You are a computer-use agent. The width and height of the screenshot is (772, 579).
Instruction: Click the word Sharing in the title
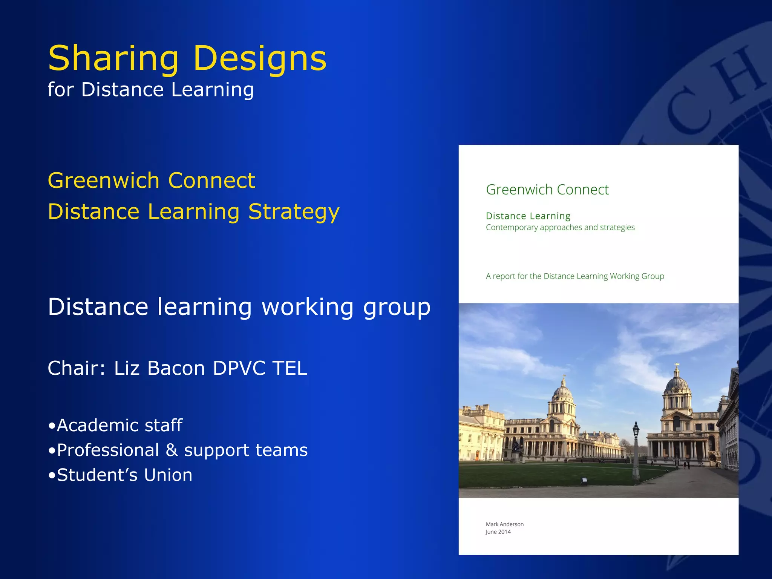pyautogui.click(x=113, y=58)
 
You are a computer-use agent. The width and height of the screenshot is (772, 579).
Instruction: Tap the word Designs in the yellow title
pyautogui.click(x=260, y=58)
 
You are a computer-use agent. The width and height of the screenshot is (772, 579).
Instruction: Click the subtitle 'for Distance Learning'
pyautogui.click(x=151, y=90)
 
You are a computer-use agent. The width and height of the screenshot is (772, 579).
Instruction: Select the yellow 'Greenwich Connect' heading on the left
pyautogui.click(x=152, y=180)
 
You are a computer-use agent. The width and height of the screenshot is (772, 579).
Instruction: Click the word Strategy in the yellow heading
pyautogui.click(x=294, y=211)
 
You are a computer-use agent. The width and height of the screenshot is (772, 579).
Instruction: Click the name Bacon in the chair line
pyautogui.click(x=176, y=368)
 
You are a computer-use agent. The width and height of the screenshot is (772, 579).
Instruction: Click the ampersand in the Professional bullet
pyautogui.click(x=172, y=450)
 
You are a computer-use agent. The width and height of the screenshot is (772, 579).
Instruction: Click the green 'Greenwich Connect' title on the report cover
pyautogui.click(x=547, y=190)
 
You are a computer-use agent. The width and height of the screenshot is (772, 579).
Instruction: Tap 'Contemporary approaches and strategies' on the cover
pyautogui.click(x=560, y=227)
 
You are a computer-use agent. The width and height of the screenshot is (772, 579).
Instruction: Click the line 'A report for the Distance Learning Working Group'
pyautogui.click(x=575, y=276)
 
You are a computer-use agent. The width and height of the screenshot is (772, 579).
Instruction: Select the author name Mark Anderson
pyautogui.click(x=504, y=524)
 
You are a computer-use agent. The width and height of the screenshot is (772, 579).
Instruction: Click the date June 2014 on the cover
pyautogui.click(x=498, y=532)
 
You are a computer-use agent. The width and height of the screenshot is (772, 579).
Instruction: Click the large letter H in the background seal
pyautogui.click(x=739, y=75)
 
